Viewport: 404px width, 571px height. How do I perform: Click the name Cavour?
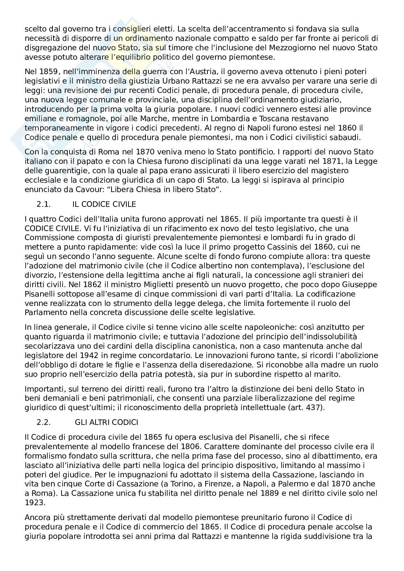pyautogui.click(x=112, y=189)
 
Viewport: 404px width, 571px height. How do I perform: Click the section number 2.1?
pyautogui.click(x=43, y=204)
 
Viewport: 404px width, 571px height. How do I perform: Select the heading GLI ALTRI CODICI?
pyautogui.click(x=106, y=422)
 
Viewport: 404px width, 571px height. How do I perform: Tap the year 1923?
pyautogui.click(x=34, y=503)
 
